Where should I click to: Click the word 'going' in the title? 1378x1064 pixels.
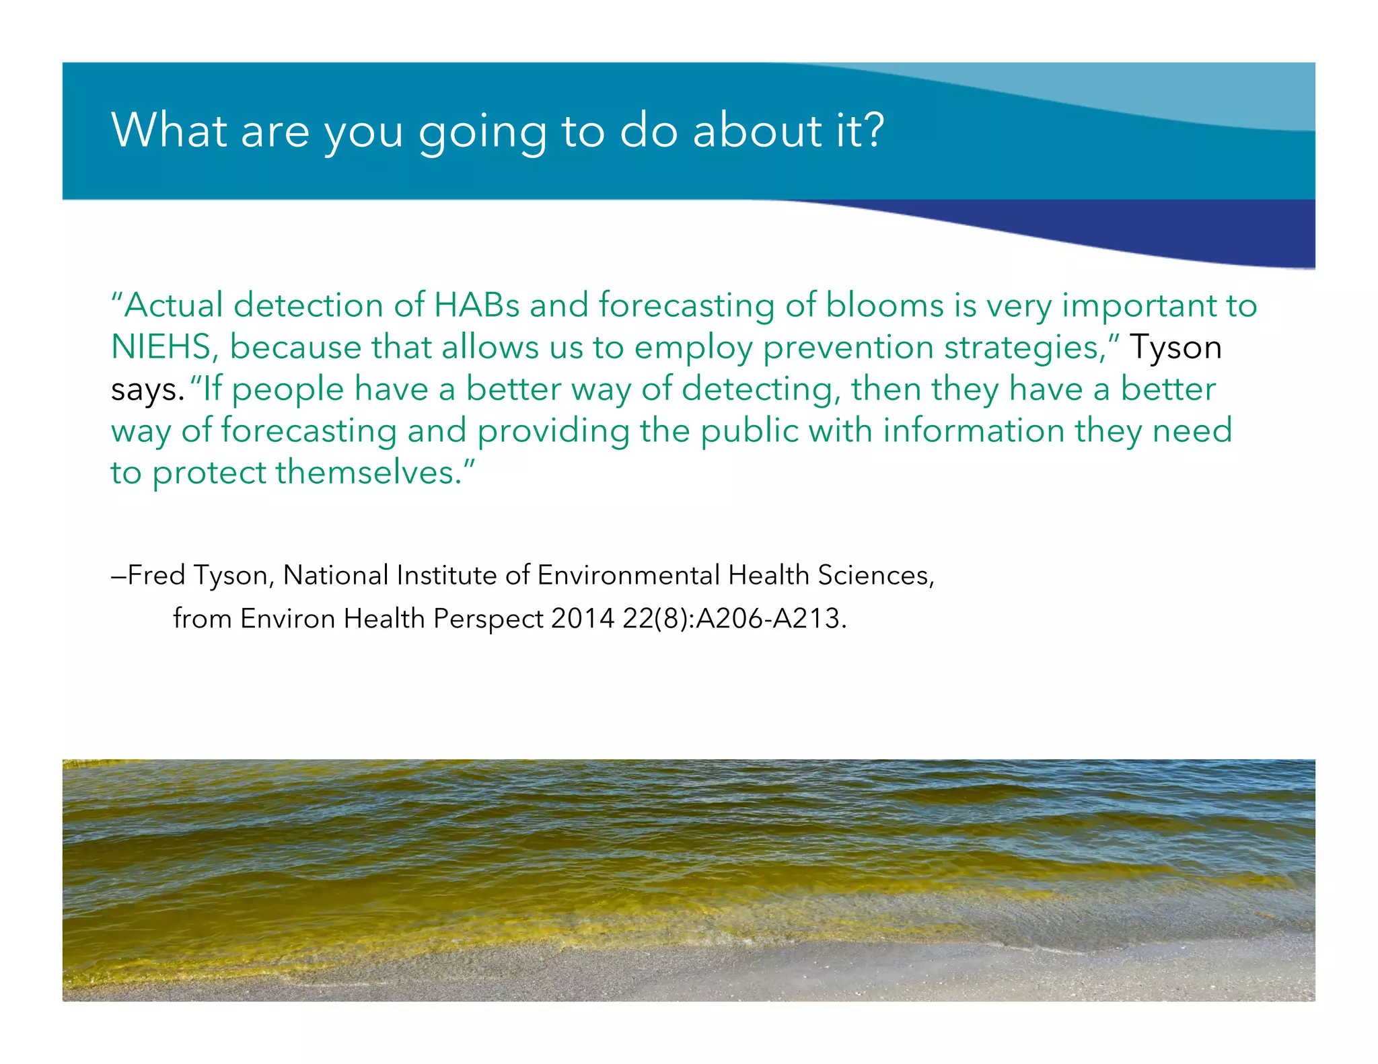tap(482, 132)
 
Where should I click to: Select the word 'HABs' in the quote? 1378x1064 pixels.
tap(477, 305)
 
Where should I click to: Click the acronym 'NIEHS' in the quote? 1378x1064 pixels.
tap(161, 347)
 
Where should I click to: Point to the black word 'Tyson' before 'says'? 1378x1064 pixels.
tap(1175, 347)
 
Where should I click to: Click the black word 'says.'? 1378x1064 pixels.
tap(147, 390)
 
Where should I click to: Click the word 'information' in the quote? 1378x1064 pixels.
tap(973, 430)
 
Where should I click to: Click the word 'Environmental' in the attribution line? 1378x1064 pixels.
tap(628, 575)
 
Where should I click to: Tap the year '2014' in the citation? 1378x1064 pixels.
tap(582, 618)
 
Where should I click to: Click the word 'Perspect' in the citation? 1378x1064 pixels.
tap(488, 619)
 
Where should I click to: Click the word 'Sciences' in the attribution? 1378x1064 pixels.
tap(873, 575)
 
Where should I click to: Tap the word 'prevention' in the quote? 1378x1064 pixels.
tap(848, 348)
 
